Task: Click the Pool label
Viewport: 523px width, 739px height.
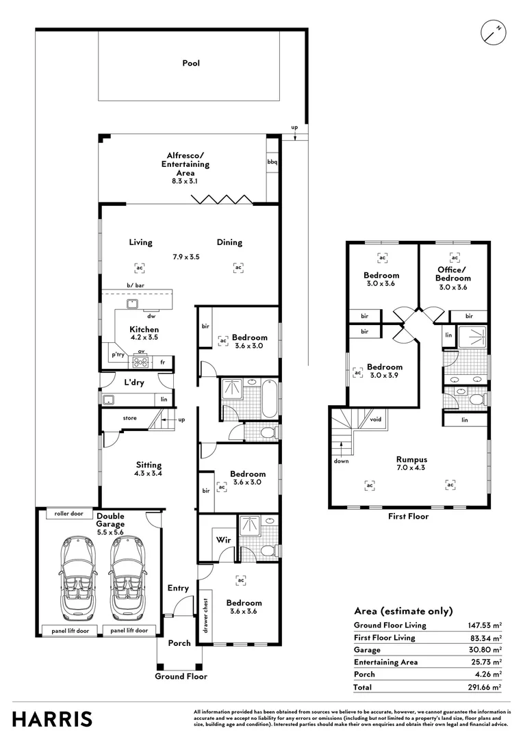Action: (191, 64)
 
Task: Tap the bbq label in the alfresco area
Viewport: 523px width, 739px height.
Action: (272, 162)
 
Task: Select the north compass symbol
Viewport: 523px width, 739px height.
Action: (492, 31)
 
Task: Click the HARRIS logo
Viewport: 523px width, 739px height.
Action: (53, 719)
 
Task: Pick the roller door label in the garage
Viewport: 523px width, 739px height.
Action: (65, 513)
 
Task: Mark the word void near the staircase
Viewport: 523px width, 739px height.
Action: (375, 419)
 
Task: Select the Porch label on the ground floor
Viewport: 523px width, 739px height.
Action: (179, 643)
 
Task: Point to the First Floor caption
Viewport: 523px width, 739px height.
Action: (409, 516)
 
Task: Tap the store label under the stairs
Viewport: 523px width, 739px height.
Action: (130, 418)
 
